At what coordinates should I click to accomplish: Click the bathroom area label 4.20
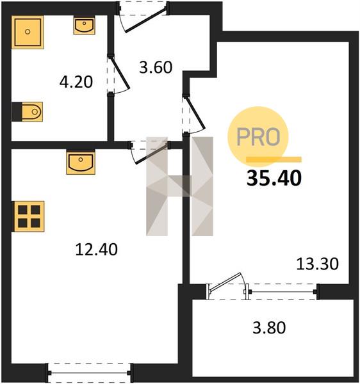[x=76, y=82]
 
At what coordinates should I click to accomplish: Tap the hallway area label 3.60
[x=156, y=67]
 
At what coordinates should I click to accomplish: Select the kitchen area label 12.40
[x=96, y=250]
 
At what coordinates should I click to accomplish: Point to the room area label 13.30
[x=317, y=264]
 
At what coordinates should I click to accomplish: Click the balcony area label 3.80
[x=269, y=328]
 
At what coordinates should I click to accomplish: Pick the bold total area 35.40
[x=274, y=179]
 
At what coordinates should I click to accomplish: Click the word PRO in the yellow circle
[x=258, y=137]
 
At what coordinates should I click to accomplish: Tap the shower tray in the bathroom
[x=28, y=33]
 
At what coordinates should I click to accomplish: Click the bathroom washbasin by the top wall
[x=85, y=26]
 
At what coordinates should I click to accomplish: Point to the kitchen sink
[x=81, y=162]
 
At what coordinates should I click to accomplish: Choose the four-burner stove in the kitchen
[x=28, y=216]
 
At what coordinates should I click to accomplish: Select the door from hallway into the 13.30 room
[x=195, y=113]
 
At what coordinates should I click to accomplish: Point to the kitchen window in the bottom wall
[x=90, y=373]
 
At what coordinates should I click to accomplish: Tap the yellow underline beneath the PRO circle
[x=274, y=159]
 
